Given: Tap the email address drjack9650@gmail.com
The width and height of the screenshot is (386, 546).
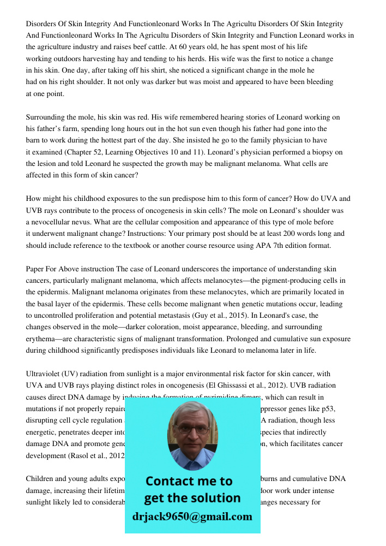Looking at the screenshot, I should pos(192,517).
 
